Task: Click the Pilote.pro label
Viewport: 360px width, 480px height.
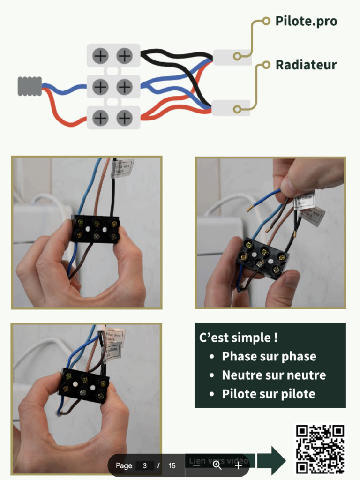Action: pos(306,21)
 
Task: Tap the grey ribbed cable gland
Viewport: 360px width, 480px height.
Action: pos(30,86)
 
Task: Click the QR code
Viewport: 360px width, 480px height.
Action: pos(320,449)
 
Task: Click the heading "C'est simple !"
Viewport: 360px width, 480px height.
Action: pos(235,337)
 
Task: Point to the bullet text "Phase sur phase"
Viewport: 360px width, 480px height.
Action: pos(269,356)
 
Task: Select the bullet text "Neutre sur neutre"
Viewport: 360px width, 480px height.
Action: pos(273,375)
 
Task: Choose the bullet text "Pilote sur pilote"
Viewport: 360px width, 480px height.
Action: pos(268,394)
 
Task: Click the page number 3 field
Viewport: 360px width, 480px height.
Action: pos(145,465)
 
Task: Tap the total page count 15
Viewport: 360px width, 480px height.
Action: pos(172,465)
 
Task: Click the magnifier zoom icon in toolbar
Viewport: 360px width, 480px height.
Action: pos(217,465)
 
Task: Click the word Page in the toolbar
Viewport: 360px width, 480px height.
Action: pos(124,465)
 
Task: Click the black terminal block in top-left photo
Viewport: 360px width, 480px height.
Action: pos(96,229)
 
